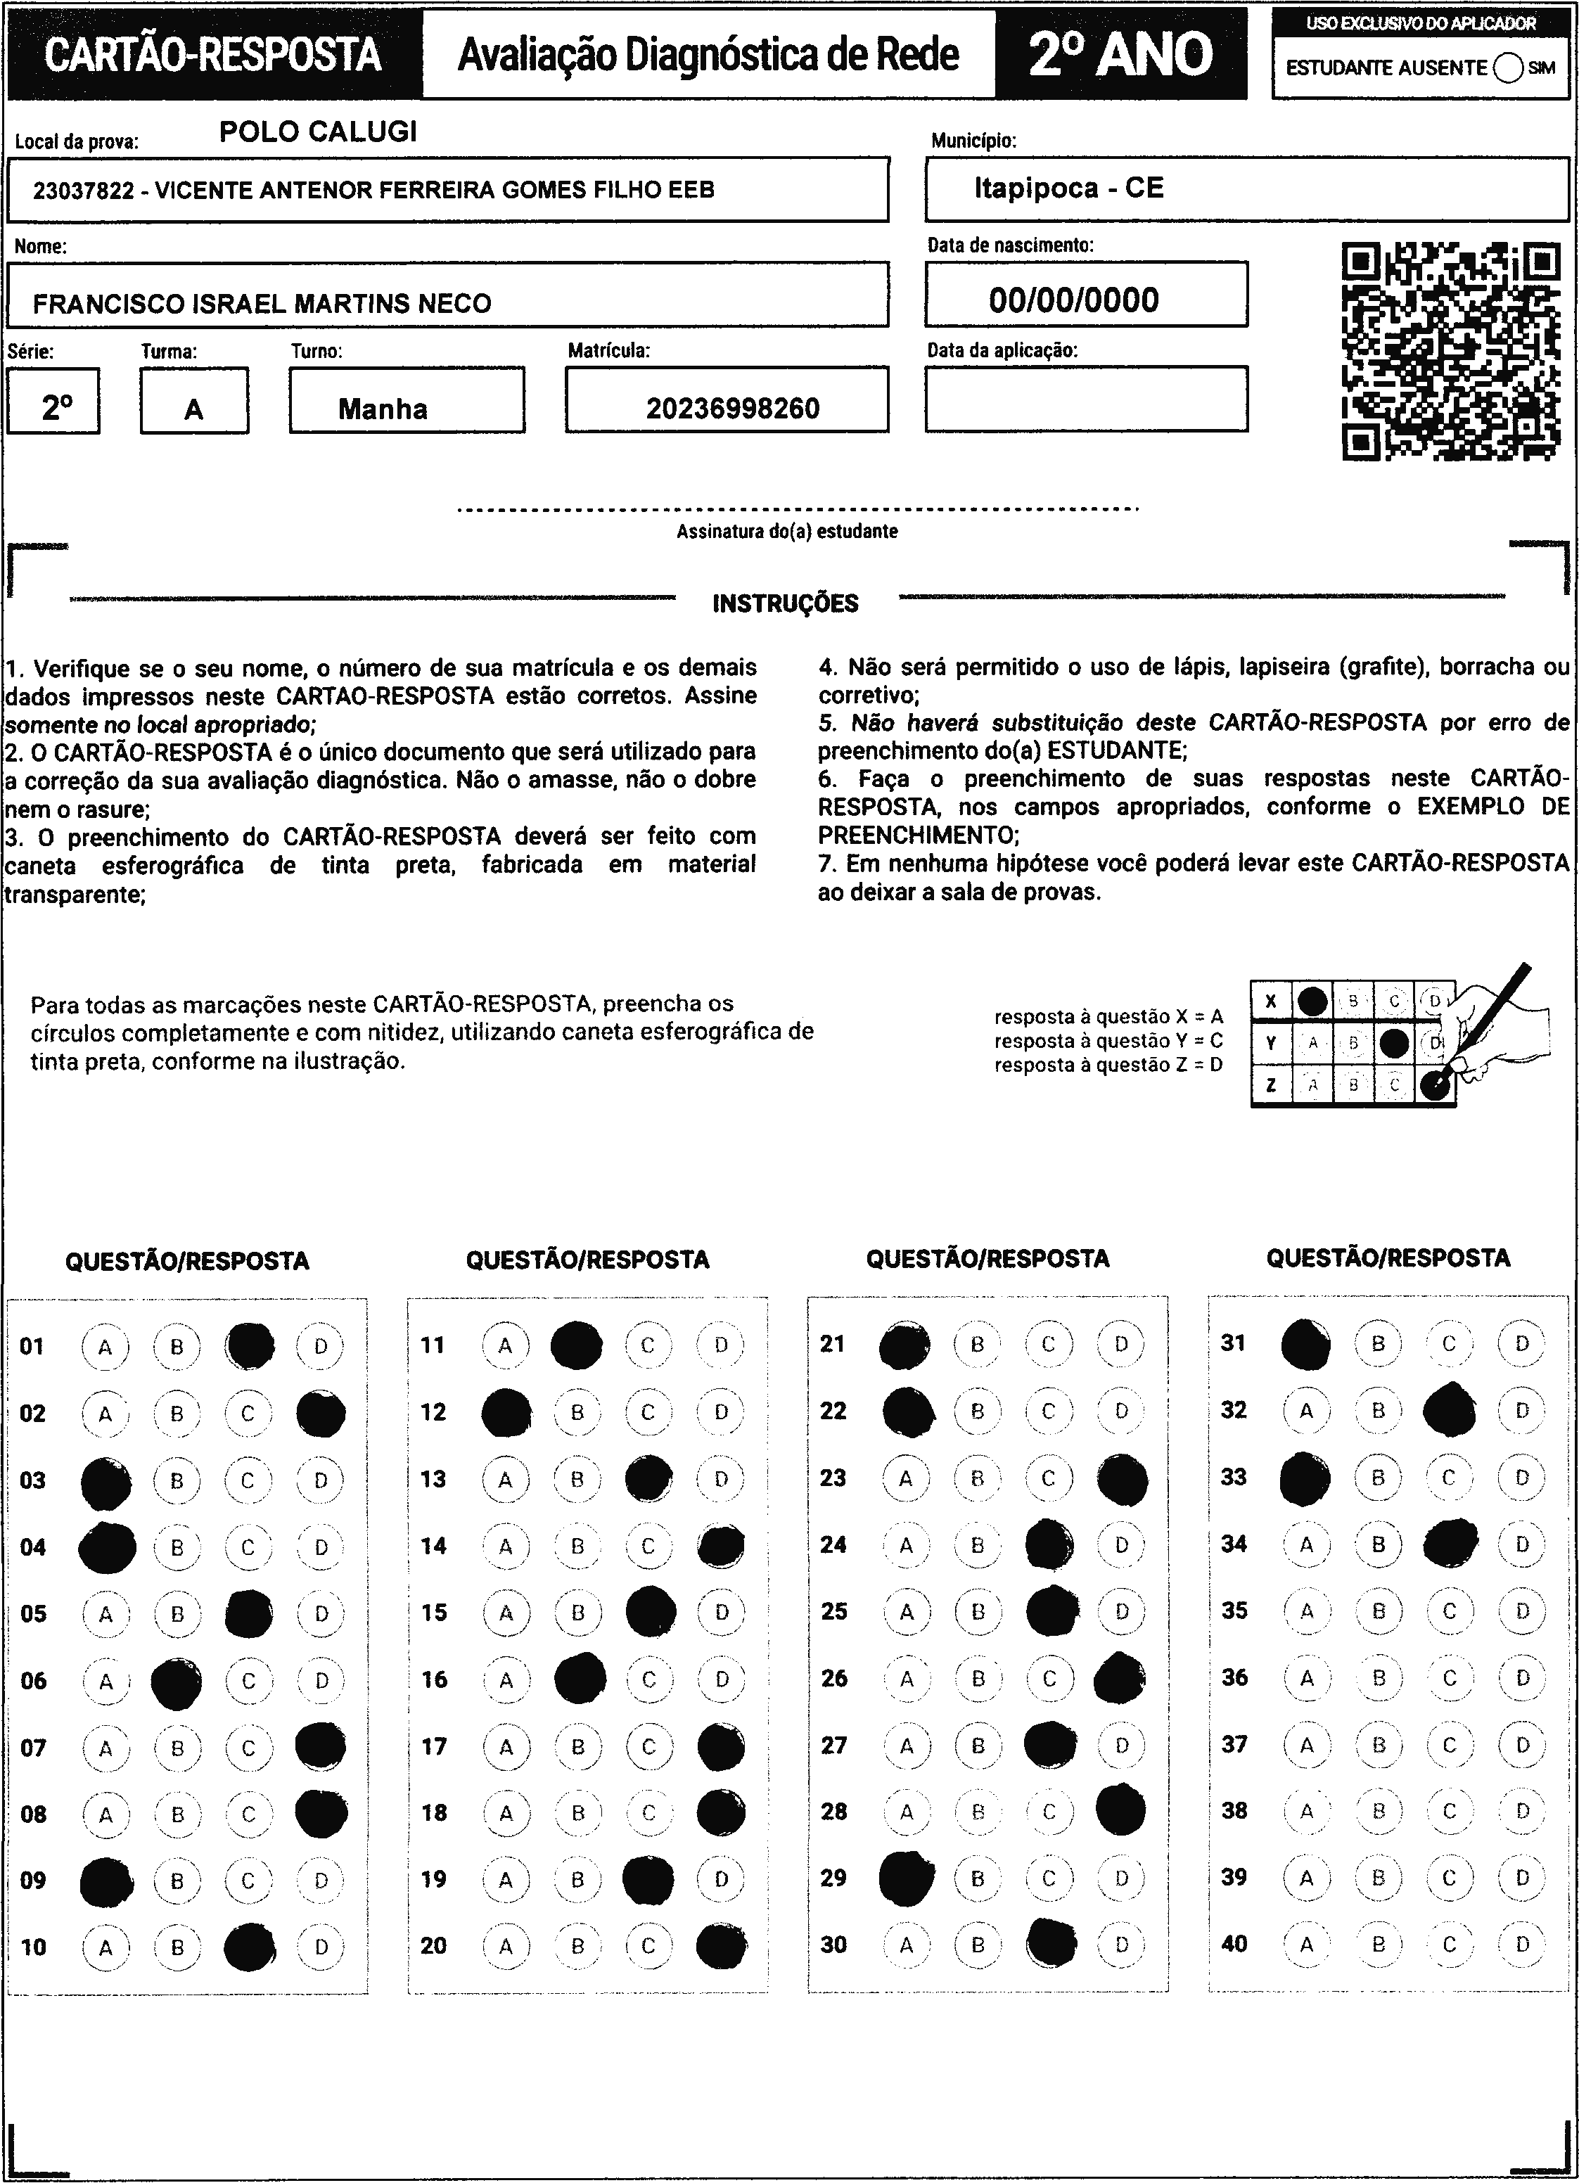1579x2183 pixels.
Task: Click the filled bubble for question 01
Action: tap(250, 1345)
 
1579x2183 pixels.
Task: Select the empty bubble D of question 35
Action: tap(1521, 1611)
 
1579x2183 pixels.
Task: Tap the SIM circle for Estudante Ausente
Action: tap(1508, 68)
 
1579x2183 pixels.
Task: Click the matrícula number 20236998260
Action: tap(733, 409)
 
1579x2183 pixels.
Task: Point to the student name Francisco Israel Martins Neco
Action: tap(262, 304)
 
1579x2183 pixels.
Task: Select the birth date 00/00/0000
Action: tap(1073, 300)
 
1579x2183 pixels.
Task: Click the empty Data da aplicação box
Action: tap(1086, 399)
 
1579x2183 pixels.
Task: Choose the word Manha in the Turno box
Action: tap(383, 409)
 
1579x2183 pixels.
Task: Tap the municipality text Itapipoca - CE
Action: tap(1068, 188)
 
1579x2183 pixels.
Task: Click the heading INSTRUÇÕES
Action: tap(786, 603)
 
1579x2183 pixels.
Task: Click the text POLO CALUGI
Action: tap(319, 132)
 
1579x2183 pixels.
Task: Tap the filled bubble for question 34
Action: tap(1450, 1544)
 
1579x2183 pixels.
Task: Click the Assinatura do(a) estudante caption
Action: tap(786, 531)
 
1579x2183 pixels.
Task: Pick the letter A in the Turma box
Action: tap(193, 410)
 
